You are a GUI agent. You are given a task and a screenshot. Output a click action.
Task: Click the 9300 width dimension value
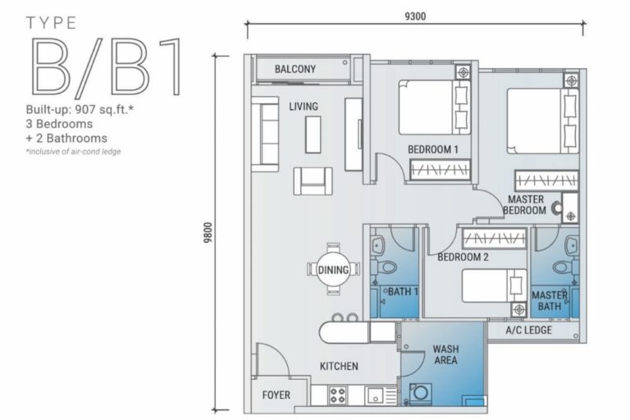415,16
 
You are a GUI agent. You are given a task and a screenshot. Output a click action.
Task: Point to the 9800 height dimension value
208,233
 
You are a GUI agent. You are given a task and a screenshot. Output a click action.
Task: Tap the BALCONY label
295,69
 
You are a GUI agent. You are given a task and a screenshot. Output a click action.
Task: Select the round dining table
333,270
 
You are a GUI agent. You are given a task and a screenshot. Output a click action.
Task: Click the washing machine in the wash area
421,393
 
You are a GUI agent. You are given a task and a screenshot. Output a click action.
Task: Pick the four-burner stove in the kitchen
337,395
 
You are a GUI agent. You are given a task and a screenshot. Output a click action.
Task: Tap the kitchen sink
376,395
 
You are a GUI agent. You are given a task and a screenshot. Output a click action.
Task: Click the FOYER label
276,395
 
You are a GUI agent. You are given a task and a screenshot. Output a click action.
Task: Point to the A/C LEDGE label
529,331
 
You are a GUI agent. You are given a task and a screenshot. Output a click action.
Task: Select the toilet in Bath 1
385,267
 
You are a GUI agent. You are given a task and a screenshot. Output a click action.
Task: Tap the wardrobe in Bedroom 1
440,169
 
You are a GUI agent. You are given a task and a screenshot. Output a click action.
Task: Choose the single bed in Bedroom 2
494,285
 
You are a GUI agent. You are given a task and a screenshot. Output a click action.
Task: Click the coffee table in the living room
313,135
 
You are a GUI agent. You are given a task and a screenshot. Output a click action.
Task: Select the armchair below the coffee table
313,180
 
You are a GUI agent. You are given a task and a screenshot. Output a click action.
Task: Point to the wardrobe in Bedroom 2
494,239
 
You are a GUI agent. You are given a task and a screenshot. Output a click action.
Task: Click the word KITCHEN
339,366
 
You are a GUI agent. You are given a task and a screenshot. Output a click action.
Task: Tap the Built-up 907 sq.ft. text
80,109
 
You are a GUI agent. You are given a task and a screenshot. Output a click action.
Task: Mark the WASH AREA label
445,354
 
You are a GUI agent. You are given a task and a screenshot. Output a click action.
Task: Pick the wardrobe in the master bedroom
547,180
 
